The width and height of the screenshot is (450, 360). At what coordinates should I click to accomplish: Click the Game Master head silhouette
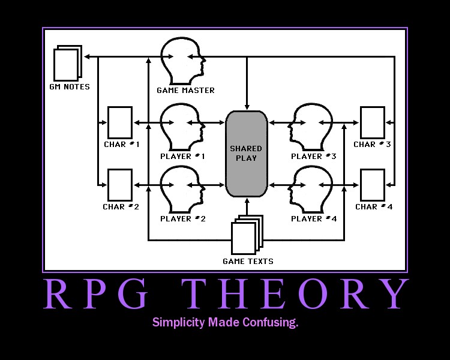182,61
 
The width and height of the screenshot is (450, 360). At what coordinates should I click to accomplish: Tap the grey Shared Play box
247,154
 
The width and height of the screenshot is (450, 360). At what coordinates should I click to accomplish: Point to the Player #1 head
182,126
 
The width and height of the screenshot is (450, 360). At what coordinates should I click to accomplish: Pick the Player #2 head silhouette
182,188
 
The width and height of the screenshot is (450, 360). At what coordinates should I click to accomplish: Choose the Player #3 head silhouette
311,126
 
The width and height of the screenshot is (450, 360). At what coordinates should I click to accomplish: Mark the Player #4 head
311,188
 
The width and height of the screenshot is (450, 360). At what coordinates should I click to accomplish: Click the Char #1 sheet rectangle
120,122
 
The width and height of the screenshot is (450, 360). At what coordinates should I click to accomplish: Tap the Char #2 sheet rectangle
120,185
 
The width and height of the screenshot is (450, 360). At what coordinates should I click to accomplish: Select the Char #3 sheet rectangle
372,122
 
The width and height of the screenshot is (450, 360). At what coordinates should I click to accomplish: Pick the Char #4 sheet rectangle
372,185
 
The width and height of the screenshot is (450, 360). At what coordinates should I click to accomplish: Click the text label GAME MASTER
185,91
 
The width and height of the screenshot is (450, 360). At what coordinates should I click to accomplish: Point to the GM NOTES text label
70,87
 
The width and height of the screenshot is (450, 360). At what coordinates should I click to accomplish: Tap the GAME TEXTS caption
248,261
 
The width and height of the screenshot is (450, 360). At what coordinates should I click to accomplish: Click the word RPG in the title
98,295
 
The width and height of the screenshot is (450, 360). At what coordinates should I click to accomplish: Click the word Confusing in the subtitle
270,323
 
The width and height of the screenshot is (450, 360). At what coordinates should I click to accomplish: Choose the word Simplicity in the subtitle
179,323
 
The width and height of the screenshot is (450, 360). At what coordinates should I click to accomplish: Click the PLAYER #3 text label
314,157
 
